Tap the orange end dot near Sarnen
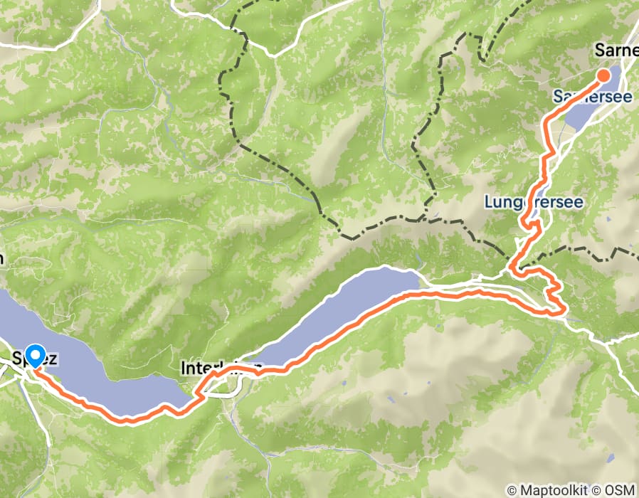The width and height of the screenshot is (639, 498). (603, 75)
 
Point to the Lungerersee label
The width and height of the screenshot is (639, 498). (534, 202)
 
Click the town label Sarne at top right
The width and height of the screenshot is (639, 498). (616, 50)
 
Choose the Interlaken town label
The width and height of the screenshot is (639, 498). (221, 369)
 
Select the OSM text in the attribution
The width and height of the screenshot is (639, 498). (619, 490)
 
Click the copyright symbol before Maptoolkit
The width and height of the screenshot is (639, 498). (512, 490)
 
